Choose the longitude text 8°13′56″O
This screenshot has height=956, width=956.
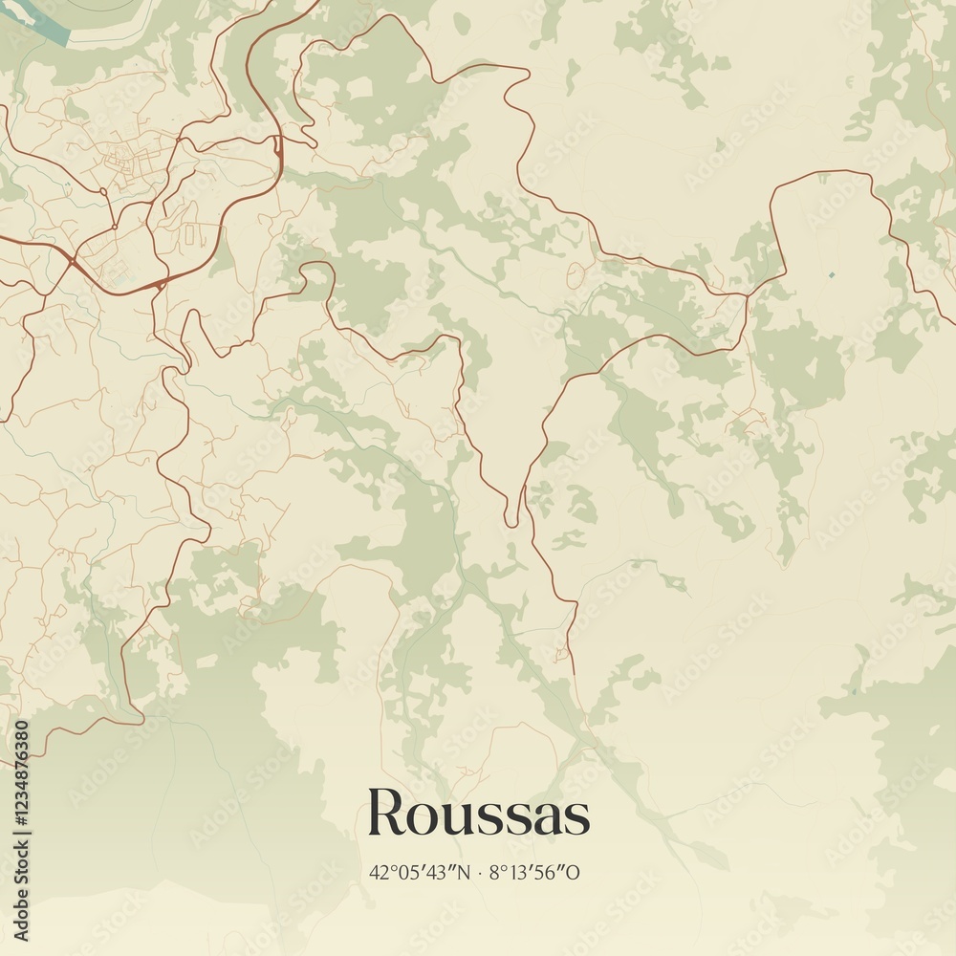[535, 872]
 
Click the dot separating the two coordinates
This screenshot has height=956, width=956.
[480, 872]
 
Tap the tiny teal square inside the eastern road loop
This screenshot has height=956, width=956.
[831, 275]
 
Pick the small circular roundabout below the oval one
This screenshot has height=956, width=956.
[114, 227]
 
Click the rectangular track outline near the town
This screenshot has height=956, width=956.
[189, 232]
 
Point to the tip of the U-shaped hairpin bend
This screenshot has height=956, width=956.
[513, 522]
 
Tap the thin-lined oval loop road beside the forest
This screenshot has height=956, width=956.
[576, 275]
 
